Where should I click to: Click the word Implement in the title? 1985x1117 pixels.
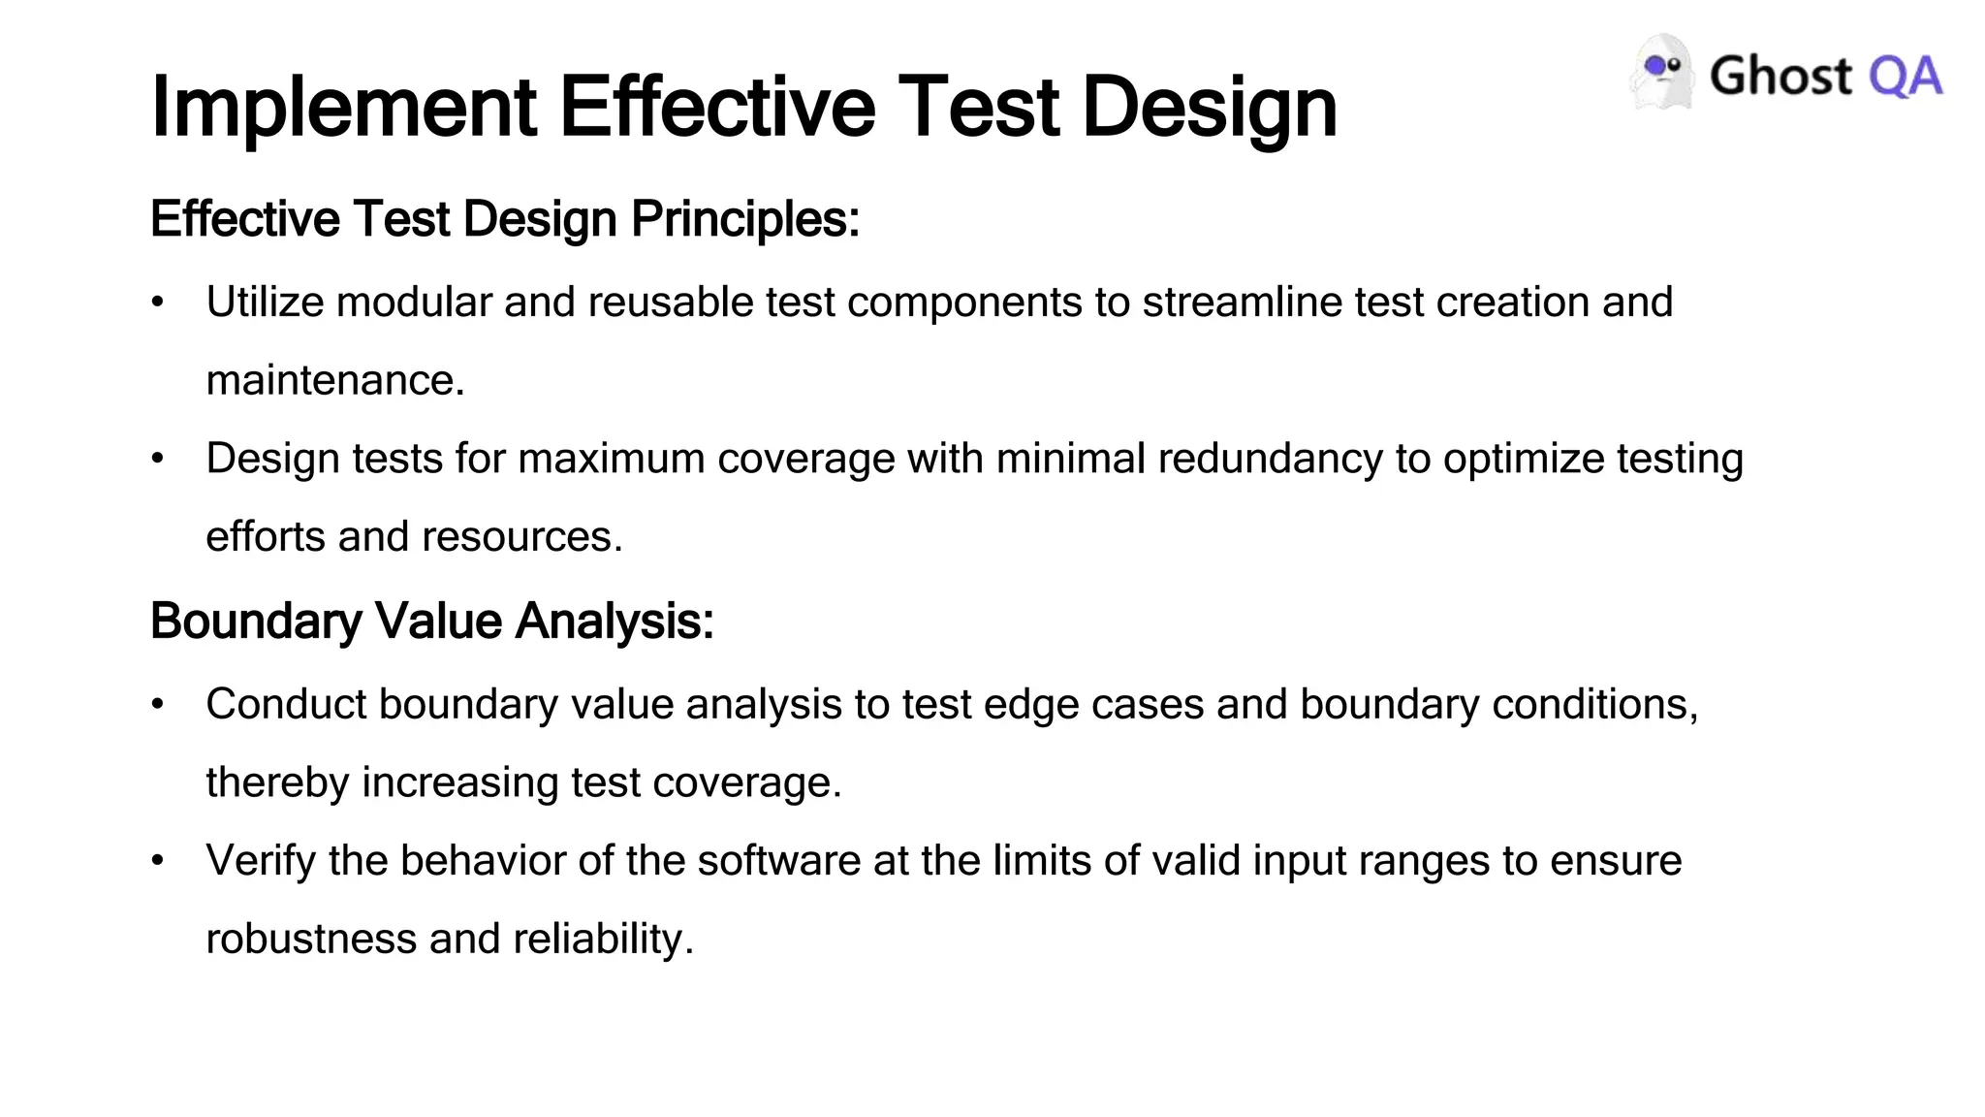pyautogui.click(x=344, y=107)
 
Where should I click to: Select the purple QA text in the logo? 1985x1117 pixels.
pyautogui.click(x=1906, y=77)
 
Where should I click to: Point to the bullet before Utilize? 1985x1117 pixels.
pyautogui.click(x=158, y=303)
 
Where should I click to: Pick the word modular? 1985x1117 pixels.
pyautogui.click(x=414, y=303)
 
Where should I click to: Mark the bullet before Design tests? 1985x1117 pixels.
pyautogui.click(x=158, y=459)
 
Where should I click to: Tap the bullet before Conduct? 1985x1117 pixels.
pyautogui.click(x=158, y=705)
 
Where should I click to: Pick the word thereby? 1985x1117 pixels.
pyautogui.click(x=277, y=783)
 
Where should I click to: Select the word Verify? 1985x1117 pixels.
pyautogui.click(x=261, y=862)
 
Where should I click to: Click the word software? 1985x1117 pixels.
pyautogui.click(x=778, y=861)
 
